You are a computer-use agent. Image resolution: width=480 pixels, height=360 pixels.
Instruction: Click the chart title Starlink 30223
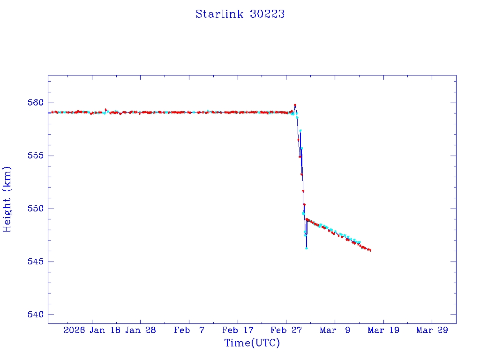click(240, 14)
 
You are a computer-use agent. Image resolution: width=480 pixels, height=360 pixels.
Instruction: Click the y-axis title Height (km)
click(7, 199)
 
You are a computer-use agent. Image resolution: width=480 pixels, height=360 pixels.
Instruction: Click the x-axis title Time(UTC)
click(252, 343)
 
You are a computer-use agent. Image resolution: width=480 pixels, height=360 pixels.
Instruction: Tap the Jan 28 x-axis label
click(141, 330)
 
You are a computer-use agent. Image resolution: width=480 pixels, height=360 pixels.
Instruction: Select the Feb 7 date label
click(189, 330)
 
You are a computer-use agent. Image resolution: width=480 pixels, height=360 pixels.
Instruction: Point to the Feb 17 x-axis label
click(238, 330)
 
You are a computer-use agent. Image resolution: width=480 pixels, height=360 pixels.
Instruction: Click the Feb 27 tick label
click(286, 330)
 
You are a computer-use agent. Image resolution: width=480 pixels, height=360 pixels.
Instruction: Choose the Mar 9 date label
click(335, 330)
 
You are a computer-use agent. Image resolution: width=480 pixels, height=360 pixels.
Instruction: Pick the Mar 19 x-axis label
click(383, 330)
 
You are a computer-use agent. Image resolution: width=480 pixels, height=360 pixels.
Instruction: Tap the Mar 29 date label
click(432, 330)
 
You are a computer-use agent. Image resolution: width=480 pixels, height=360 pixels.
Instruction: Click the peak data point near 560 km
click(295, 105)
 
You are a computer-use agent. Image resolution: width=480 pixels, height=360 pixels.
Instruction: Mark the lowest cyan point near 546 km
click(306, 248)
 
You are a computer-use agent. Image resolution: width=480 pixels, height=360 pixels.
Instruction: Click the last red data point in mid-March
click(370, 250)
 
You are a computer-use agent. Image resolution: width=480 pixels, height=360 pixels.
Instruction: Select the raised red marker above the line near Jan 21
click(106, 110)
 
